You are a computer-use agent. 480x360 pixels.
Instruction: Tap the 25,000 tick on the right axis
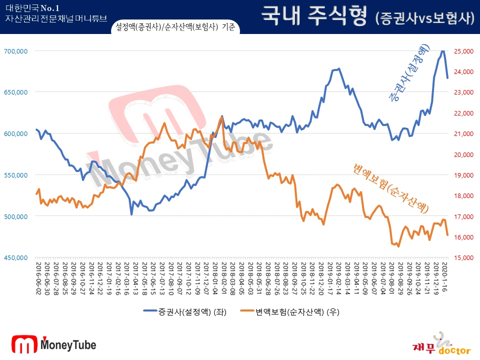pos(463,51)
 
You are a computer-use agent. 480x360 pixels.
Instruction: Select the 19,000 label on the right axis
pos(463,175)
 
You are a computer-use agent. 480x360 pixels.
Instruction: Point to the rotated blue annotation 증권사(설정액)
pos(409,73)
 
